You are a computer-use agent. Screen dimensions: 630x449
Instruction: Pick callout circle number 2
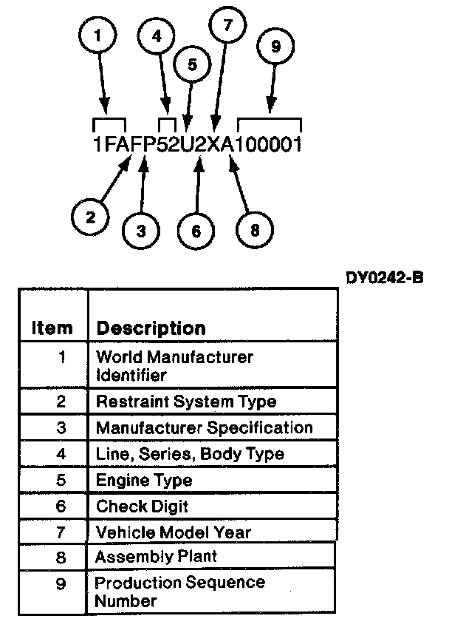90,217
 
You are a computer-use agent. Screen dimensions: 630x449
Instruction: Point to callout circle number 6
196,231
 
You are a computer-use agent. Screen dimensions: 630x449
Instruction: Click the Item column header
52,328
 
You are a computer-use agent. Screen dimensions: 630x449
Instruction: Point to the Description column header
151,328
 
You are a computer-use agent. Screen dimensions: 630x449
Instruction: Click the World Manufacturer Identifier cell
174,365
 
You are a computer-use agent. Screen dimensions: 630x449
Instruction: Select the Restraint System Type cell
186,402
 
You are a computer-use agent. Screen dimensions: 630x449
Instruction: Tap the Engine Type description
144,480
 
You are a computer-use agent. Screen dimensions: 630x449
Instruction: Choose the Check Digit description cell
142,507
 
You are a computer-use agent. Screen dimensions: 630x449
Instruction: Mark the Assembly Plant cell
155,556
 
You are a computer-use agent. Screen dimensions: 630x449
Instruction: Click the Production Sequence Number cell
179,591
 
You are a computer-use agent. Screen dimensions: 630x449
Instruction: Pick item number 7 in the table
61,532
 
